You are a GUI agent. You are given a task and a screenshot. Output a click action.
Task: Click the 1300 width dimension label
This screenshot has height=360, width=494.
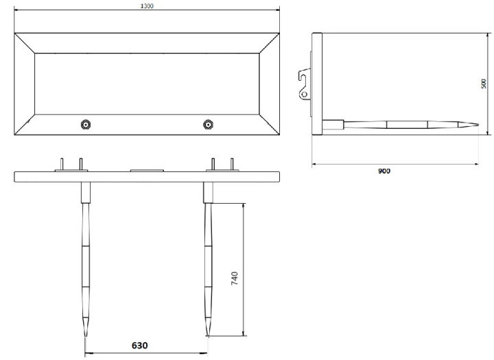[x=147, y=6]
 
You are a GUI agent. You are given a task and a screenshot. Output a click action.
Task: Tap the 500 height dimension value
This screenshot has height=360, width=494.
[x=484, y=84]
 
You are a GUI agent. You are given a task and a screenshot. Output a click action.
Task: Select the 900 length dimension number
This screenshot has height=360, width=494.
[x=384, y=171]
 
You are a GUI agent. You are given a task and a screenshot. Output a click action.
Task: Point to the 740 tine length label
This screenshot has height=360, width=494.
[x=235, y=278]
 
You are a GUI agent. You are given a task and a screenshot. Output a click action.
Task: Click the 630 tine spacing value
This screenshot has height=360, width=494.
[x=139, y=346]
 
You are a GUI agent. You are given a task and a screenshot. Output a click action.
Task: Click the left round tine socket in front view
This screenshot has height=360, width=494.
[x=86, y=124]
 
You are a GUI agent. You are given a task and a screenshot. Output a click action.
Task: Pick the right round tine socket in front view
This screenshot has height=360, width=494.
[x=208, y=124]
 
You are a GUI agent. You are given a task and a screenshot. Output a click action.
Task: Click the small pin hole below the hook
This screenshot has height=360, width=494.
[x=305, y=94]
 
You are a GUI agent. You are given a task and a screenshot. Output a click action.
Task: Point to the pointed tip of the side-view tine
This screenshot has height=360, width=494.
[x=478, y=125]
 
